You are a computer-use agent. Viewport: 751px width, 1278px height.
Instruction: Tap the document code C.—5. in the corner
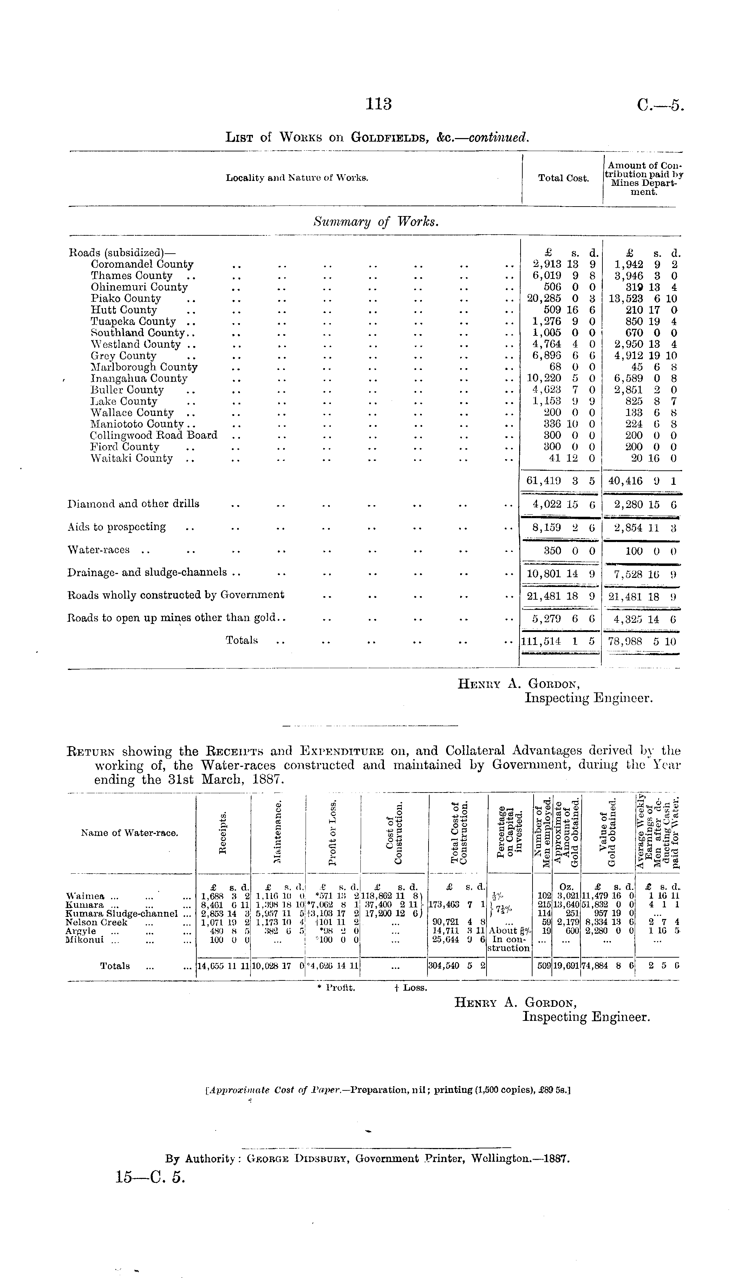click(660, 105)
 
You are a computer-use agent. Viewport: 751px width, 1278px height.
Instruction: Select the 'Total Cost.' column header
click(563, 178)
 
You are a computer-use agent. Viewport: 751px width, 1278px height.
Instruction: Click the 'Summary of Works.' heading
click(376, 222)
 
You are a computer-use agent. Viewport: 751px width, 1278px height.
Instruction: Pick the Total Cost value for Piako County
click(560, 299)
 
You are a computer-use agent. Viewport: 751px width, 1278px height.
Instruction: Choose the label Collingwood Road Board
click(154, 435)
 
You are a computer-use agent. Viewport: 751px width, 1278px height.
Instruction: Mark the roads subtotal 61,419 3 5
click(560, 481)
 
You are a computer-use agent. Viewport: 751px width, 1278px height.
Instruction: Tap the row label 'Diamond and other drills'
click(133, 504)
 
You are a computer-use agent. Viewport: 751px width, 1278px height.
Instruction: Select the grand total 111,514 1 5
click(558, 641)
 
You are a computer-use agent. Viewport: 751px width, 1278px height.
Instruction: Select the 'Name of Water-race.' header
click(129, 833)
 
